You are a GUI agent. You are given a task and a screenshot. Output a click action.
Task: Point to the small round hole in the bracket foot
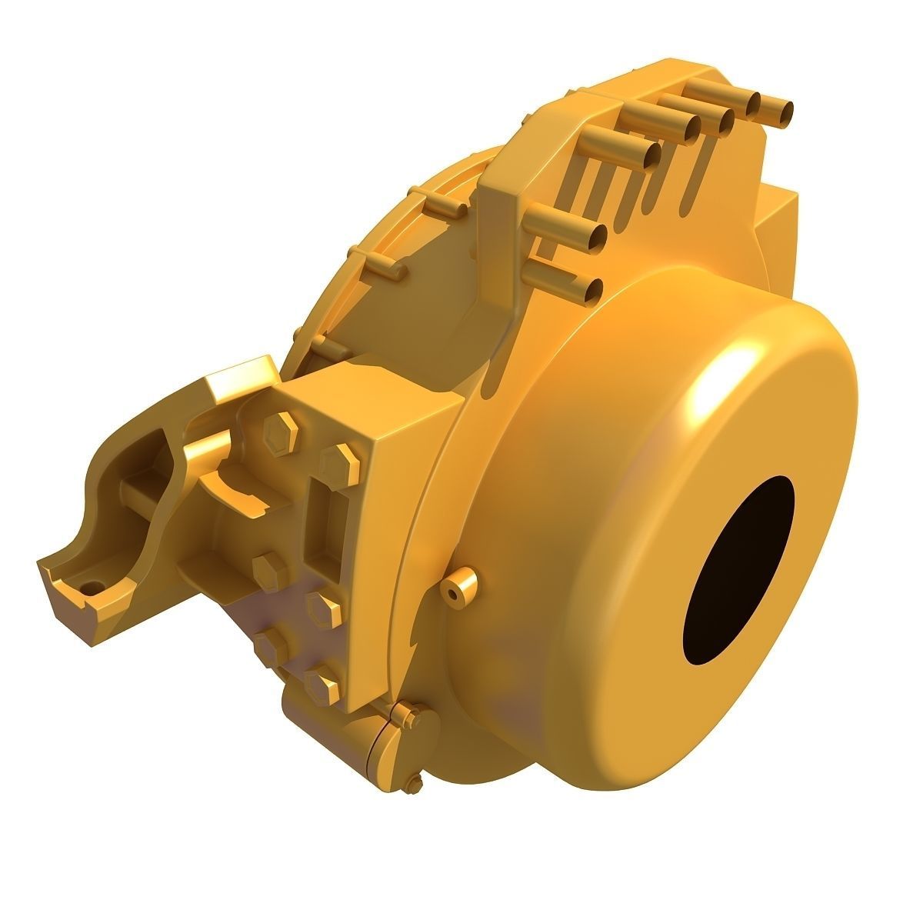pos(94,587)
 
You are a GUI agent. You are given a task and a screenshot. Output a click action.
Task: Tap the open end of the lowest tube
pos(595,290)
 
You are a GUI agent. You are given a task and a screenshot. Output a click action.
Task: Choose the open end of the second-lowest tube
pos(597,235)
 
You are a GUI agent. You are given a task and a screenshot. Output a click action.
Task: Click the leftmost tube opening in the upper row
pos(651,155)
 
